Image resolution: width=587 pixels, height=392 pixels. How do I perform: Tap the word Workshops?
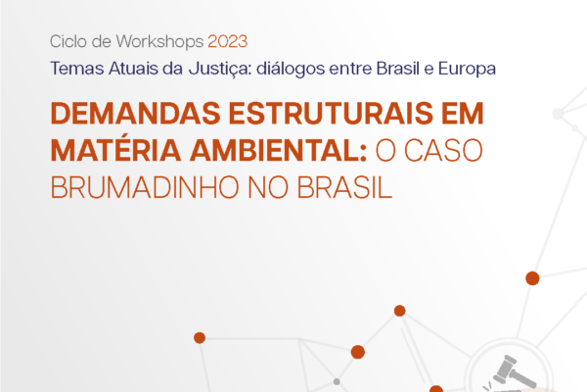(159, 41)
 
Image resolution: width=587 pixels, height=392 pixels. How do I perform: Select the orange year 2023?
(228, 41)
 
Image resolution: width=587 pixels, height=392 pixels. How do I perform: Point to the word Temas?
(77, 69)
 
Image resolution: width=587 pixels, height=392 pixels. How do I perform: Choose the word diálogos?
(291, 69)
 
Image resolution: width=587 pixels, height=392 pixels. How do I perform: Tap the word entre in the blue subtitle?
(350, 69)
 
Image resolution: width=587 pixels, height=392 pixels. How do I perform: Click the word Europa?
(467, 70)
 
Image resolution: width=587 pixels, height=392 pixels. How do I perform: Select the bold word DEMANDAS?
(136, 113)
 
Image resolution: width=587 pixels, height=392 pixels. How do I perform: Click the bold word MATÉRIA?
(115, 149)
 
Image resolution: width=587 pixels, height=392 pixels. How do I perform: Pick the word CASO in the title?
(443, 150)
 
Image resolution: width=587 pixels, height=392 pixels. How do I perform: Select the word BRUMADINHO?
(145, 187)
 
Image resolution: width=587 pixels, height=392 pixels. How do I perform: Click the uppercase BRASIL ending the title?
(344, 187)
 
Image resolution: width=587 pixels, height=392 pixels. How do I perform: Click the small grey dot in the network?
(337, 382)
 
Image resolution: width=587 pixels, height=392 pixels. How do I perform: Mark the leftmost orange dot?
(200, 337)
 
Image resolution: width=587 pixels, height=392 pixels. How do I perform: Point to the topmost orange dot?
(532, 278)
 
